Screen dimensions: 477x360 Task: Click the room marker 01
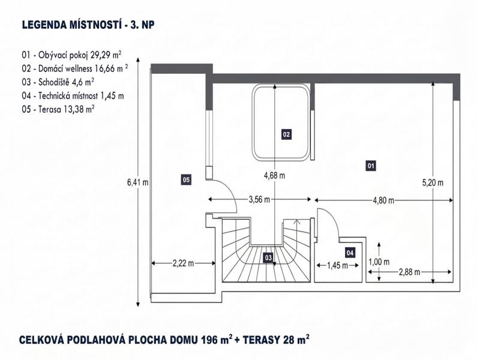point(371,166)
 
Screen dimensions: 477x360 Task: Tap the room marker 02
point(286,134)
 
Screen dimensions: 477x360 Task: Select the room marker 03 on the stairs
point(268,258)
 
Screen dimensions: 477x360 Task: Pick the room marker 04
point(350,253)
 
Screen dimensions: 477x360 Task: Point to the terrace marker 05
point(186,179)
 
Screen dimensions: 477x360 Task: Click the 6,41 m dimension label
point(138,182)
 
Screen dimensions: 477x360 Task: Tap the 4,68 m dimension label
point(274,176)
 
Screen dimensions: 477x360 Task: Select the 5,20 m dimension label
point(433,182)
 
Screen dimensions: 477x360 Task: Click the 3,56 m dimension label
point(259,200)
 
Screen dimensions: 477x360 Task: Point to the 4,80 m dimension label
point(383,200)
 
